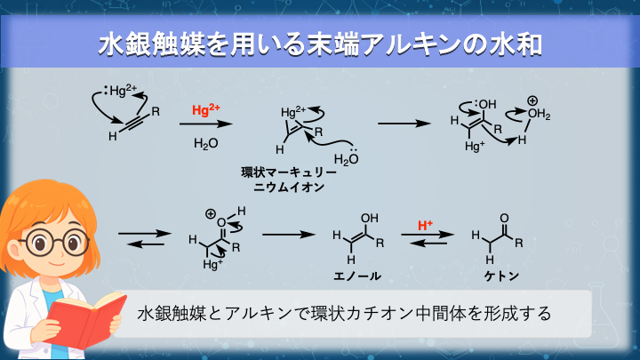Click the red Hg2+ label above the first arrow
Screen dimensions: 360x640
tap(205, 111)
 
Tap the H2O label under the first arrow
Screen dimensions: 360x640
tap(205, 142)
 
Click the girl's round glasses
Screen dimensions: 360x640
tap(53, 241)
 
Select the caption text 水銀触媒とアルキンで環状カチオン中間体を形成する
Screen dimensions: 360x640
tap(346, 314)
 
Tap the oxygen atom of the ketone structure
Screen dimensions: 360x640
tap(505, 216)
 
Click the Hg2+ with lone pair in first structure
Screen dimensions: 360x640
tap(120, 91)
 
